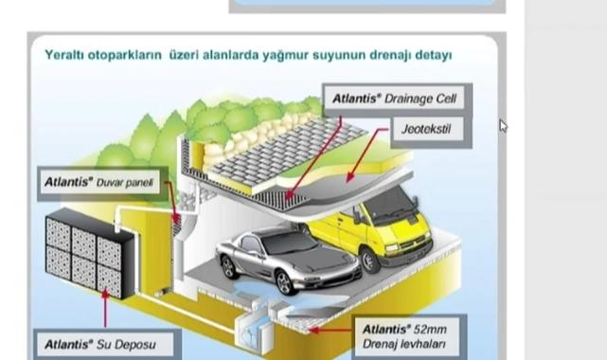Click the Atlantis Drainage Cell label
(x=395, y=99)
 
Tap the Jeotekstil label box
(x=426, y=129)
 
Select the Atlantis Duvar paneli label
(x=99, y=182)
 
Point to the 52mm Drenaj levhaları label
(x=405, y=336)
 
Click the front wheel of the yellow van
(x=369, y=261)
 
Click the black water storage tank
(x=91, y=253)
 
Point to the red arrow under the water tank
(x=105, y=309)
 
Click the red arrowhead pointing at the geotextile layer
(x=349, y=176)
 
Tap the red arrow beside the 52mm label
(x=331, y=331)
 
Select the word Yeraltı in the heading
(x=64, y=55)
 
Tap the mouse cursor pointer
(x=503, y=126)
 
